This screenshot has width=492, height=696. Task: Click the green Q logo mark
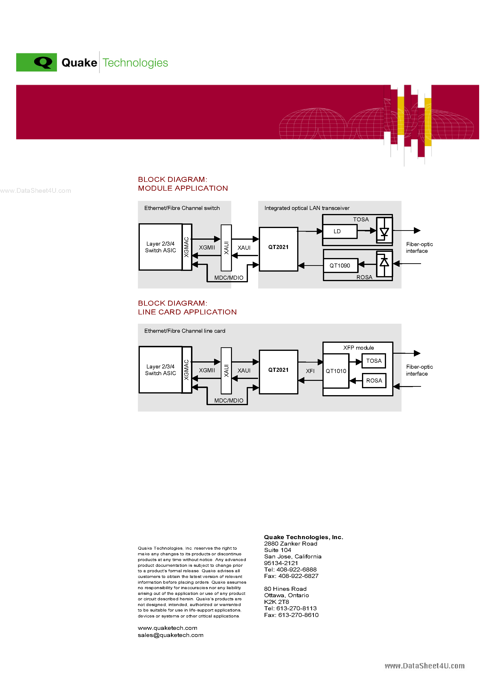click(x=37, y=62)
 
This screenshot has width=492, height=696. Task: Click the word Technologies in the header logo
click(x=135, y=63)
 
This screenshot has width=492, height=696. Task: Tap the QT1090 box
click(x=340, y=266)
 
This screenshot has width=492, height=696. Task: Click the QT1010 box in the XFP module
click(x=336, y=371)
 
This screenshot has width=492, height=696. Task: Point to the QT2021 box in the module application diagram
click(x=278, y=249)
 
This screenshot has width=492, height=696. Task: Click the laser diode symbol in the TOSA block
click(x=384, y=232)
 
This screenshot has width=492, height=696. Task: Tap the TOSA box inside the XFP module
click(x=374, y=361)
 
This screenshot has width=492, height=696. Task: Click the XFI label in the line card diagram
click(x=310, y=371)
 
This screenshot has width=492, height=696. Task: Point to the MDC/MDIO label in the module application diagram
click(x=229, y=278)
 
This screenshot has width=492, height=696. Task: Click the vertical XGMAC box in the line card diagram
click(x=186, y=370)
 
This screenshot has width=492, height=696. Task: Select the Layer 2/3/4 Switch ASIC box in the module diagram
click(x=160, y=247)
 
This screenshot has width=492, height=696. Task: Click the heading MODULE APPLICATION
click(x=183, y=188)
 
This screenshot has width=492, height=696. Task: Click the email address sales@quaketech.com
click(x=171, y=635)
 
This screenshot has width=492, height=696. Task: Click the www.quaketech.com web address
click(x=167, y=628)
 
